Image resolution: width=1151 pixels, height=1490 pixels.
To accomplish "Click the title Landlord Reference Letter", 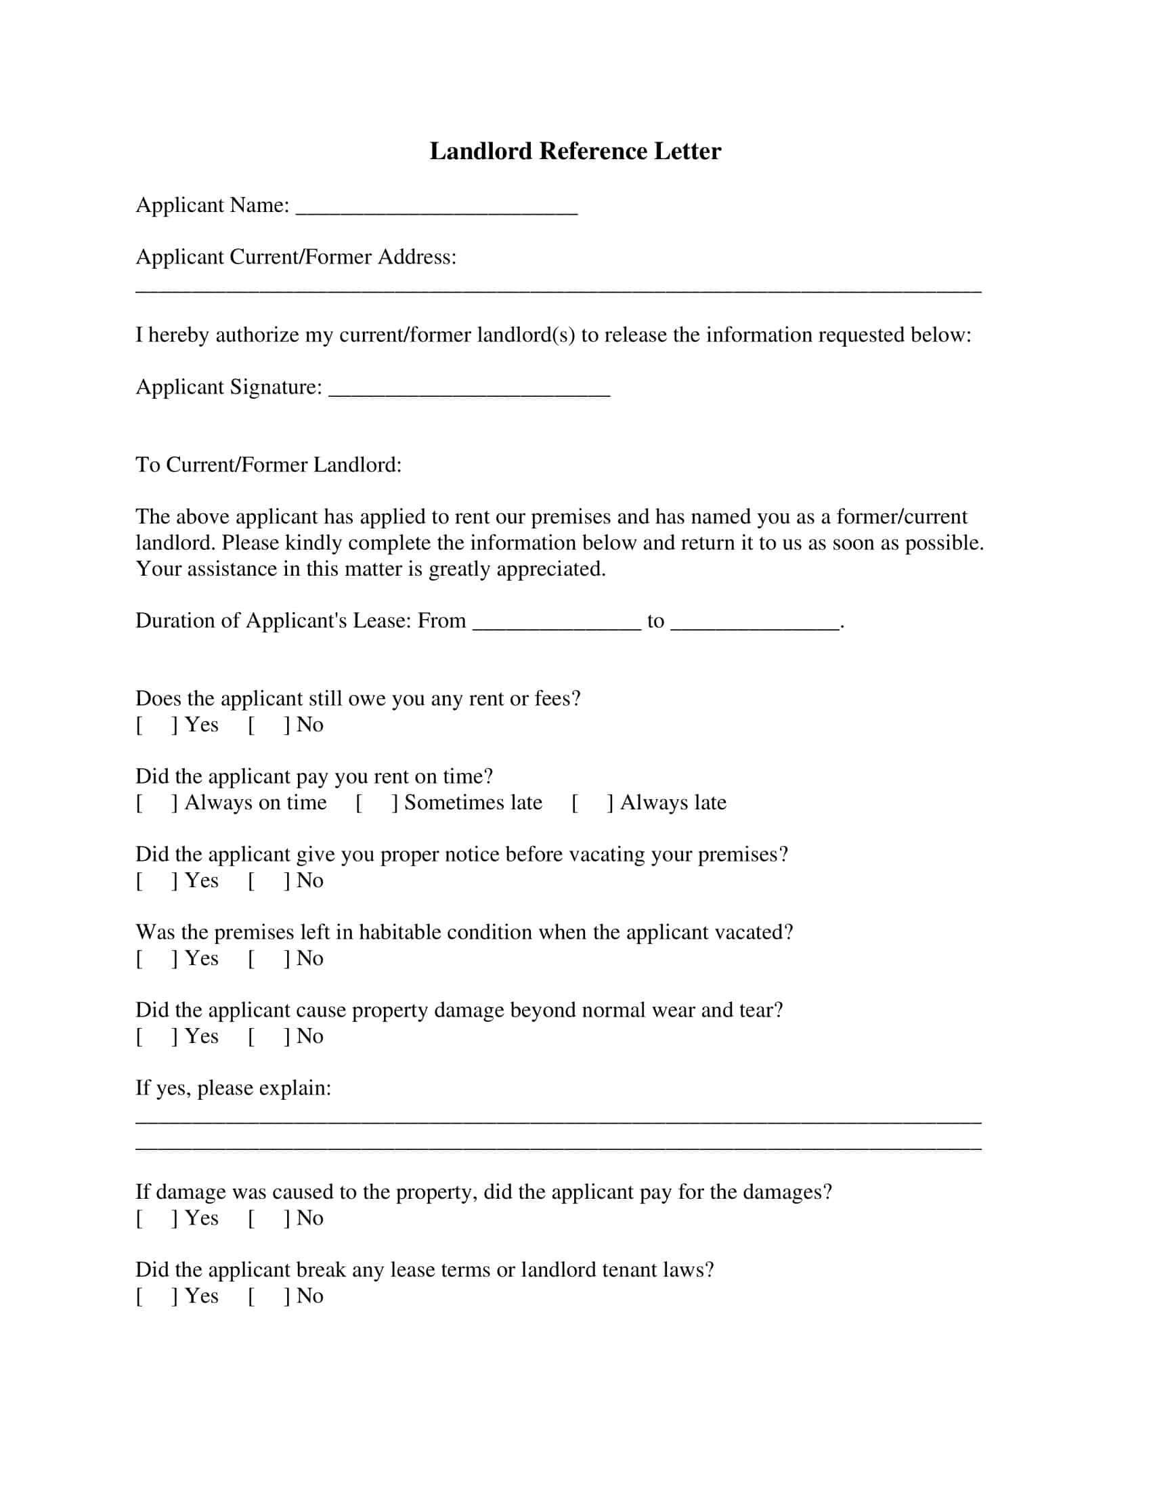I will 575,151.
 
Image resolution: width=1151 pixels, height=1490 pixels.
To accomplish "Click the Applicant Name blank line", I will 437,209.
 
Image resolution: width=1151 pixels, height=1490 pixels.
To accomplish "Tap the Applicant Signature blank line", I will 469,391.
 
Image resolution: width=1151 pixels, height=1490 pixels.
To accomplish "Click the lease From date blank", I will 557,624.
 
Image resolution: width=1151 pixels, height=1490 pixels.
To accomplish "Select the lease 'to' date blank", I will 755,624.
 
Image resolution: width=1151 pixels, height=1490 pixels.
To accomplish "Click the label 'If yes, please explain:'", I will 233,1088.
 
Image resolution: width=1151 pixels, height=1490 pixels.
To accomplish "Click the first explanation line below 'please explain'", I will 558,1121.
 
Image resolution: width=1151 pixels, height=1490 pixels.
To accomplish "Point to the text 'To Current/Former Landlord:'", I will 268,465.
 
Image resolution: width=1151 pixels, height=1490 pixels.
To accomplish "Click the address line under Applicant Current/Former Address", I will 558,289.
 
